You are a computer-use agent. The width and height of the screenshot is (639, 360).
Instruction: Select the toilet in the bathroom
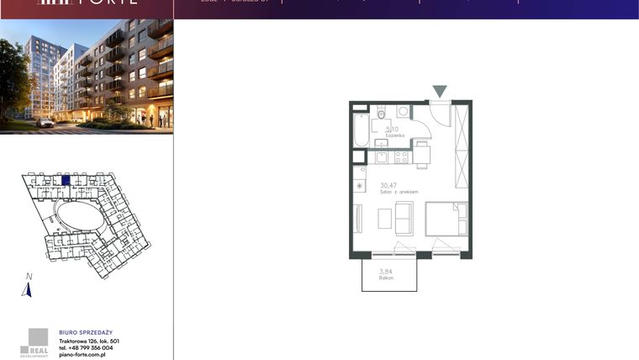[x=381, y=114]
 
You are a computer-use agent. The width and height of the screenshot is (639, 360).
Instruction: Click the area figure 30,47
[x=388, y=185]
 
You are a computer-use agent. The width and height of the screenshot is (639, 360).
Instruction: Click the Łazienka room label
[x=395, y=135]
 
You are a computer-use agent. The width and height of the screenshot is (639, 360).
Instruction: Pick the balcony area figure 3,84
[x=386, y=271]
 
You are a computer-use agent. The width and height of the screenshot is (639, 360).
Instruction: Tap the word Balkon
[x=386, y=278]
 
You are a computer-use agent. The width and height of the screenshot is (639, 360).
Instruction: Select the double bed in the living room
[x=446, y=220]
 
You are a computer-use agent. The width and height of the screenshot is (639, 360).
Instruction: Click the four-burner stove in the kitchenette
[x=401, y=156]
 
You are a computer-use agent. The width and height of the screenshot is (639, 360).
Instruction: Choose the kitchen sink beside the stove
[x=381, y=156]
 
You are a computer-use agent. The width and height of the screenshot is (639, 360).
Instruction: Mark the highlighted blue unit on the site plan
[x=66, y=179]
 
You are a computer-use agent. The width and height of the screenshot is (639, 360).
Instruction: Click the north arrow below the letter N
[x=27, y=290]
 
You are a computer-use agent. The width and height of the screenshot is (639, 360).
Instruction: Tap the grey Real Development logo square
[x=39, y=337]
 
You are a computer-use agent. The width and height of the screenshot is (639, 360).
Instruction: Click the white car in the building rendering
[x=45, y=123]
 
